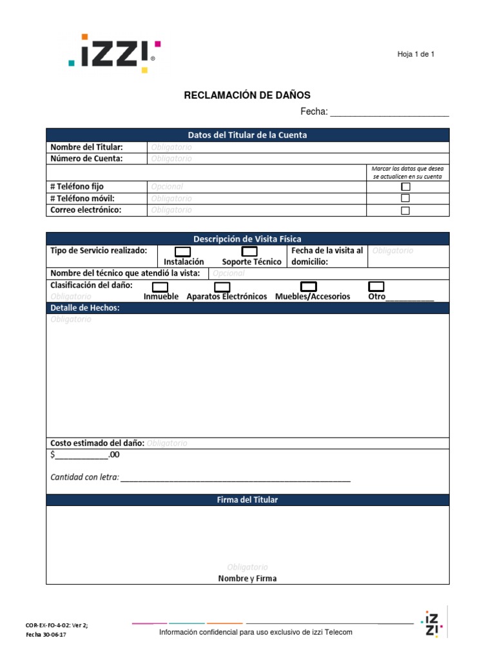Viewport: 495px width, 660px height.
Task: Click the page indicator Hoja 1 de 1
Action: (416, 54)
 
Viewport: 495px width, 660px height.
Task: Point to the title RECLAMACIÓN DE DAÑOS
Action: (247, 95)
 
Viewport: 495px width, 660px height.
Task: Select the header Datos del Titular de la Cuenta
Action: (247, 135)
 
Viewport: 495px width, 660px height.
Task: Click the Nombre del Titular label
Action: (86, 148)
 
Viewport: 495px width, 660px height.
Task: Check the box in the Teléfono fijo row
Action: (405, 187)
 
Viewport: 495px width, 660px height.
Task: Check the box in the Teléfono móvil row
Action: (405, 199)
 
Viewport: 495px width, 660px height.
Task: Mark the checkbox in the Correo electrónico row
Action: (405, 210)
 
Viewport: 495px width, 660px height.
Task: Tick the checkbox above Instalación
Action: (183, 251)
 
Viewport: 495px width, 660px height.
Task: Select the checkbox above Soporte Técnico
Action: (249, 251)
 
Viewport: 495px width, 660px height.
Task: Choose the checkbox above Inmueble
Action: (160, 287)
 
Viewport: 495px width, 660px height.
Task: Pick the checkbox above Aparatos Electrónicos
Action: (222, 287)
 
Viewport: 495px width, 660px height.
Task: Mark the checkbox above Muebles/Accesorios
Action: (309, 286)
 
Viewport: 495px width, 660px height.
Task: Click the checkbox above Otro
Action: (376, 286)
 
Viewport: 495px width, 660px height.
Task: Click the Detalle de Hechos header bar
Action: (247, 308)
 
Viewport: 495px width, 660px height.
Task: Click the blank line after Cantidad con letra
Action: (235, 478)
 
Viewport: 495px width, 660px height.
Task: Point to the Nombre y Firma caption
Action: (247, 578)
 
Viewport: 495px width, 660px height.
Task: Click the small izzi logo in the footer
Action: (431, 623)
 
